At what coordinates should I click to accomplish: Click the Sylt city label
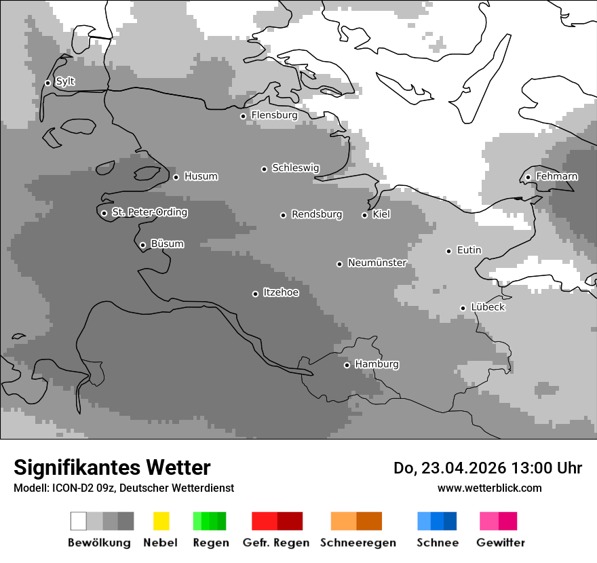pos(65,81)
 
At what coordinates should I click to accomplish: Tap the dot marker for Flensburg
pos(243,116)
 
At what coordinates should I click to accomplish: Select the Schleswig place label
pos(295,168)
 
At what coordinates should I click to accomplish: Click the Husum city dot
pos(176,177)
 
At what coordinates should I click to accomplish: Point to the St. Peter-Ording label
pos(149,212)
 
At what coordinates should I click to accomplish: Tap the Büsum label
pos(167,244)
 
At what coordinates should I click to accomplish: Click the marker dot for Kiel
pos(364,215)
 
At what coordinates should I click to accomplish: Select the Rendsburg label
pos(317,214)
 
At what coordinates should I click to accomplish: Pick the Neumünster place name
pos(377,263)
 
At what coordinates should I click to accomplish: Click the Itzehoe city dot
pos(255,294)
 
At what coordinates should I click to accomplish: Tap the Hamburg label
pos(377,364)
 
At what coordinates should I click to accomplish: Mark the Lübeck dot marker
pos(463,308)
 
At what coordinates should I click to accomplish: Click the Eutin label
pos(469,250)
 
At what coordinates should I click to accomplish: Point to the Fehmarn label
pos(556,176)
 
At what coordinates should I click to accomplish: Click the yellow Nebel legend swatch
pos(161,521)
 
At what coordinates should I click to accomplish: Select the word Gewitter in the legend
pos(501,543)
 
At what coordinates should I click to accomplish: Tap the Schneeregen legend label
pos(358,543)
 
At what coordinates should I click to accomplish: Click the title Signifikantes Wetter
pos(112,467)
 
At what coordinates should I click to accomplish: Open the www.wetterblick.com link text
pos(489,488)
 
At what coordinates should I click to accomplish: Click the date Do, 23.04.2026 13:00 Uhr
pos(488,468)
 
